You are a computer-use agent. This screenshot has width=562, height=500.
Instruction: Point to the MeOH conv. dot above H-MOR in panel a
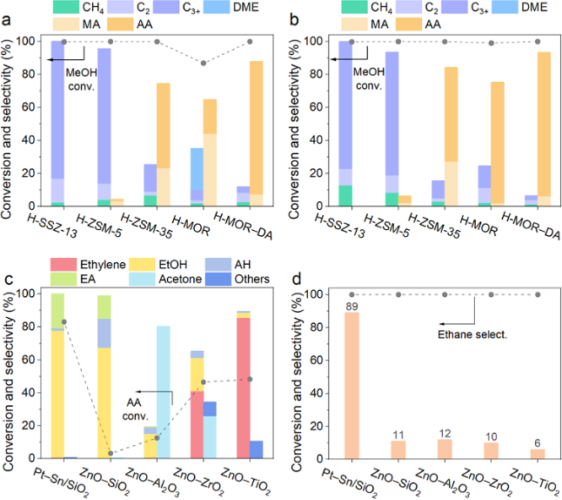pyautogui.click(x=203, y=64)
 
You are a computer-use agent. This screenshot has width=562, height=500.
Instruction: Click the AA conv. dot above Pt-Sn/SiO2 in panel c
pyautogui.click(x=64, y=322)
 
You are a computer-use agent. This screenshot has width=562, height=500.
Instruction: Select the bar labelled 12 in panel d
pyautogui.click(x=445, y=449)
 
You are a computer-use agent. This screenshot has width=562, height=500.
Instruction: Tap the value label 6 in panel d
pyautogui.click(x=539, y=442)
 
